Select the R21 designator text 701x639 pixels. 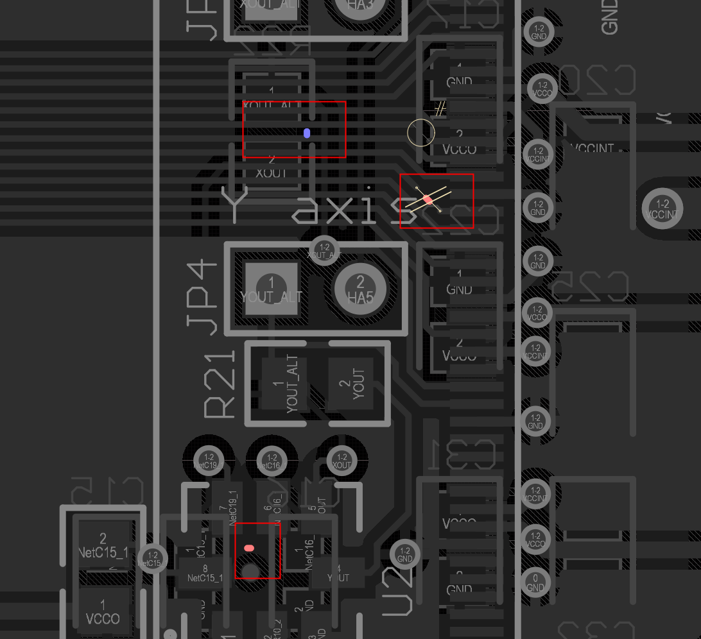[220, 386]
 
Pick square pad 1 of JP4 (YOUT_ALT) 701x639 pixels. [272, 289]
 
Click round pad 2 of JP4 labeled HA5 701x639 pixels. [359, 289]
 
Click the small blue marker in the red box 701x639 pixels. [307, 133]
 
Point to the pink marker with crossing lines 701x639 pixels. [428, 201]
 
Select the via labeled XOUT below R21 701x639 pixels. [342, 460]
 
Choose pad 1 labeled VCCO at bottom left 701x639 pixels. [103, 613]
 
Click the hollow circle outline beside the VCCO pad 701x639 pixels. [421, 133]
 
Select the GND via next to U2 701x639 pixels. [404, 554]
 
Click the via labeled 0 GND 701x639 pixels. [535, 581]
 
